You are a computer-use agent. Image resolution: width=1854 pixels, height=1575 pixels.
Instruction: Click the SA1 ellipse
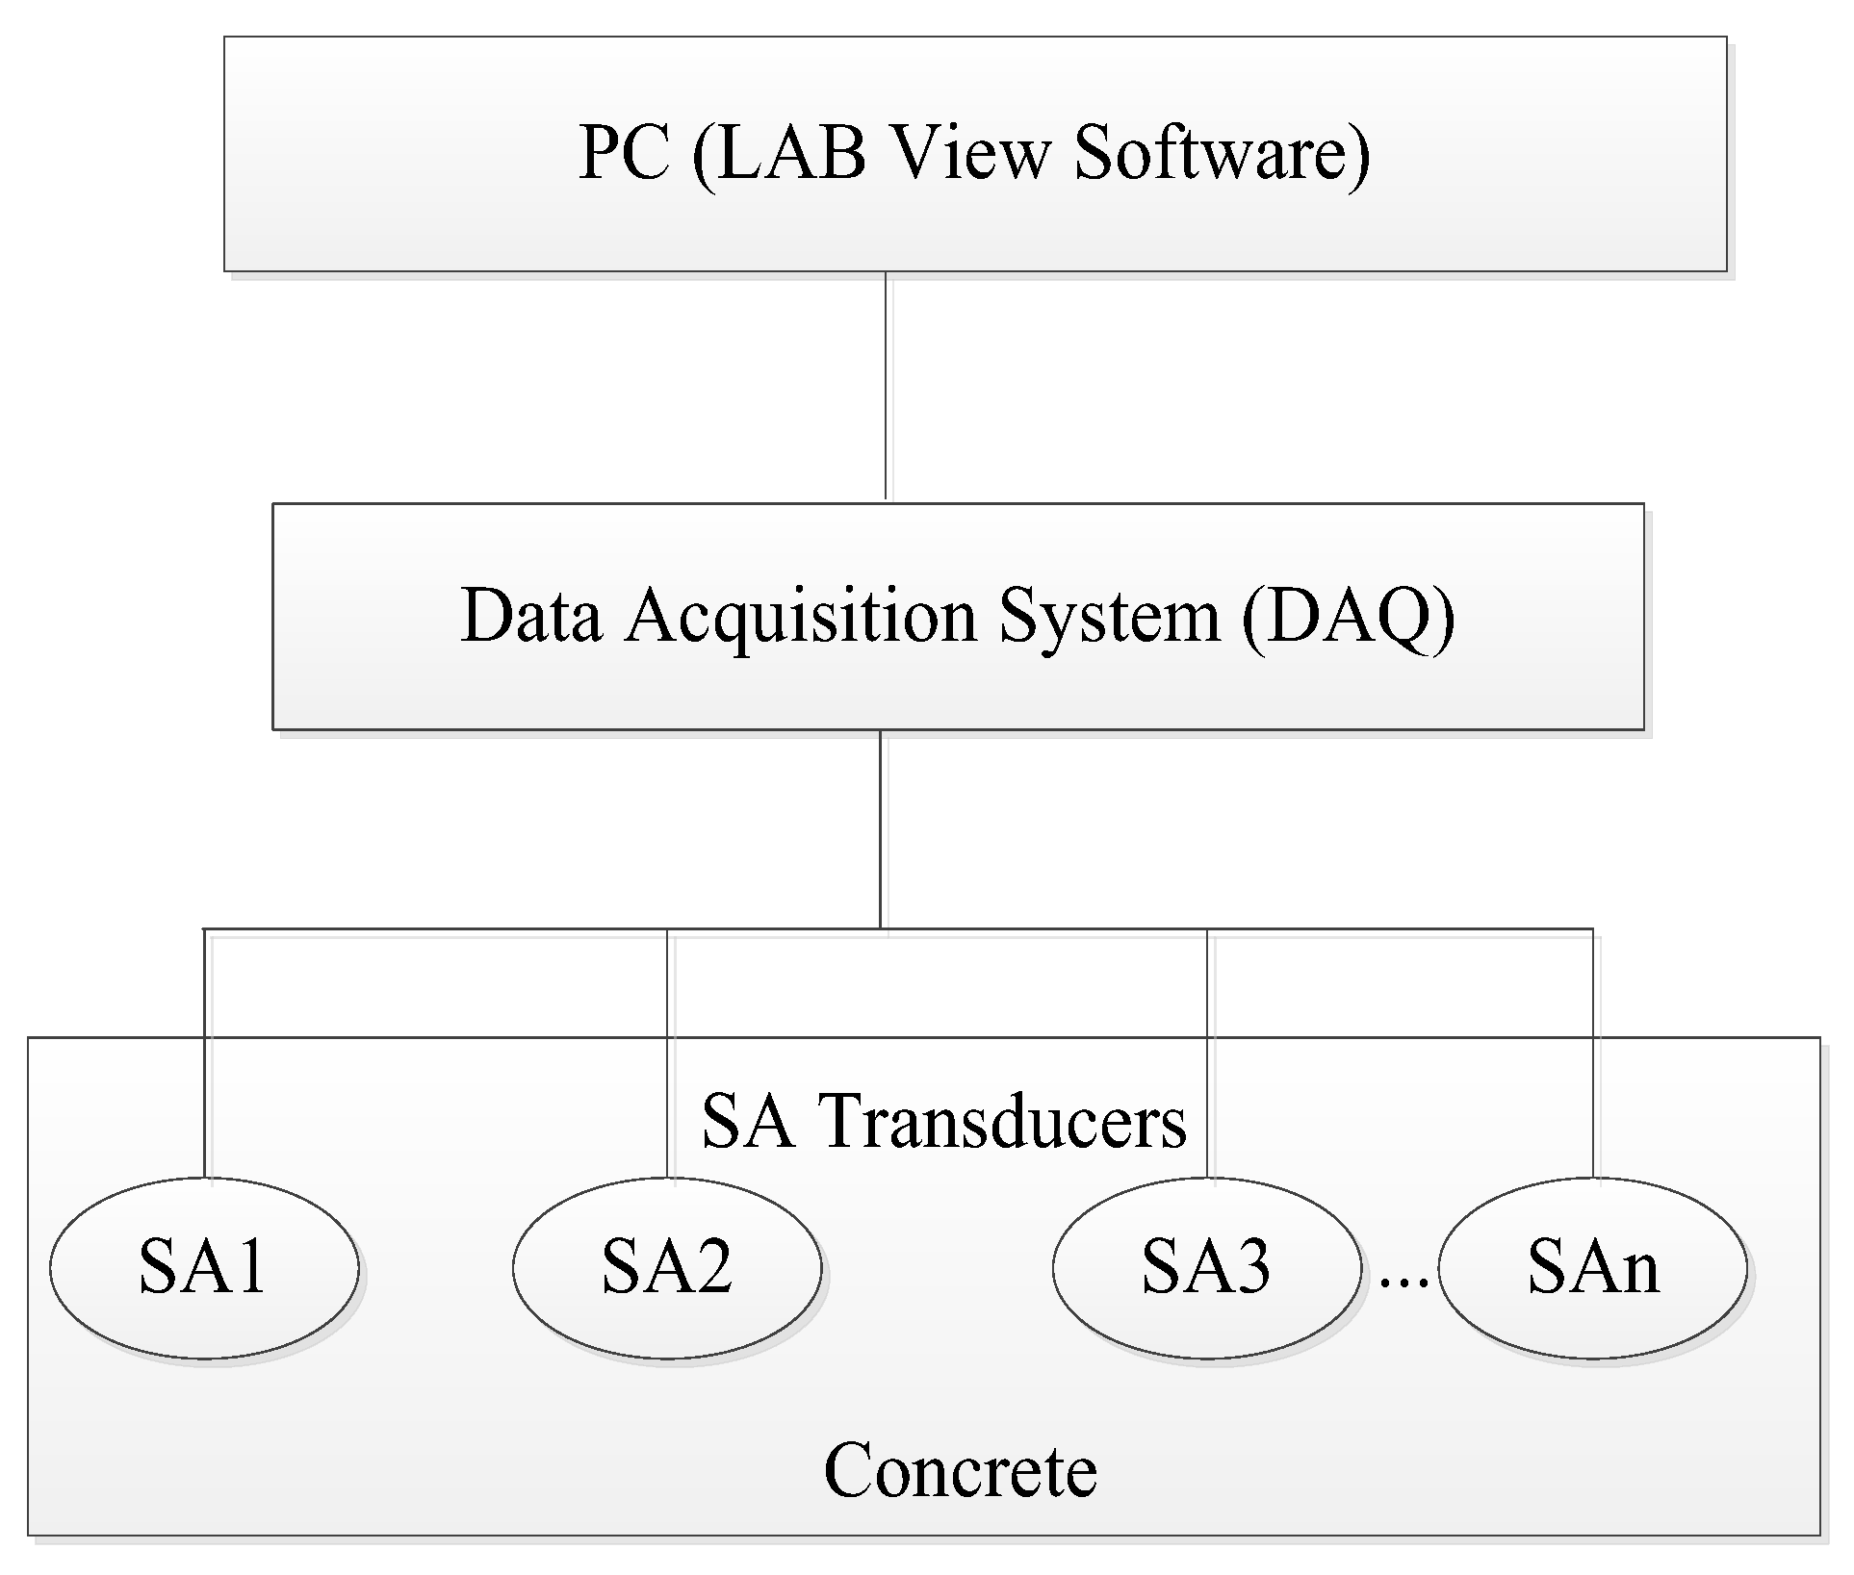point(203,1267)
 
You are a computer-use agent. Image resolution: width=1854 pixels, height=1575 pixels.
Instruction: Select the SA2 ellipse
point(666,1267)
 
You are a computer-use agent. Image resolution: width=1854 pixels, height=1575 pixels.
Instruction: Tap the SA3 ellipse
point(1206,1267)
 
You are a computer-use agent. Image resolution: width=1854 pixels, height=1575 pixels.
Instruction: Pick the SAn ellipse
point(1592,1267)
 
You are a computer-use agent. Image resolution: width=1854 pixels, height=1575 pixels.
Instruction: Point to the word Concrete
point(960,1471)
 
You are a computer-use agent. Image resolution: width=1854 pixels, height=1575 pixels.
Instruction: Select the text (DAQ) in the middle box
point(1347,616)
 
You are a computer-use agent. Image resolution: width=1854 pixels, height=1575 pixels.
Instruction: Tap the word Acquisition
point(801,617)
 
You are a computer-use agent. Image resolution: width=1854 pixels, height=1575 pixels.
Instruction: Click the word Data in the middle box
point(531,616)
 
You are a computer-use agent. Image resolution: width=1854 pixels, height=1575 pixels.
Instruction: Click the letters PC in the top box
point(624,154)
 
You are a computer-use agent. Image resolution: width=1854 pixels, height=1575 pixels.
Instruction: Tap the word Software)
point(1221,154)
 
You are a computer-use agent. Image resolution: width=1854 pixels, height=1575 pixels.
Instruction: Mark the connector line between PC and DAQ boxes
point(886,385)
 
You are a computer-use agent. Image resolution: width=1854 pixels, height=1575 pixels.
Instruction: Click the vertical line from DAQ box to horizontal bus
point(880,827)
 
